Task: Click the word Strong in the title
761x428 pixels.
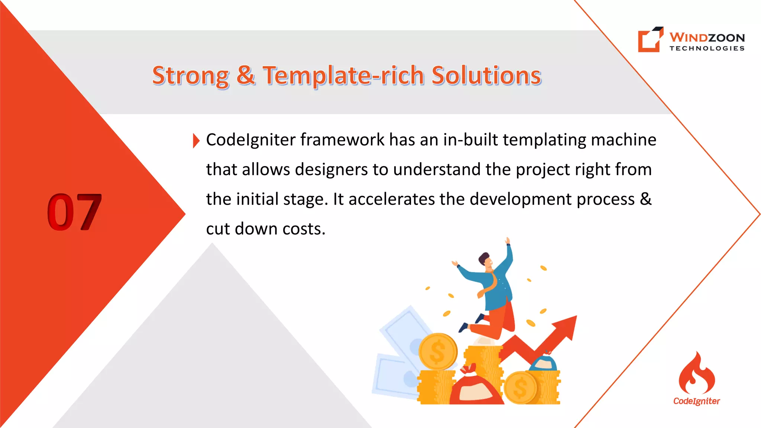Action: (190, 76)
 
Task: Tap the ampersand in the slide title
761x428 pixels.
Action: (246, 75)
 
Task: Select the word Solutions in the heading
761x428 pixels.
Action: (486, 76)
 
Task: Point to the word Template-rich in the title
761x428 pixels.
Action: (343, 76)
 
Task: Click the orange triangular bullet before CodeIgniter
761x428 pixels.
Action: (196, 140)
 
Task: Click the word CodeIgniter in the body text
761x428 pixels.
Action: (250, 140)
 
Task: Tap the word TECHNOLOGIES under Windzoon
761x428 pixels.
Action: (707, 48)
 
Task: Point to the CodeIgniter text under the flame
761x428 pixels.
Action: (696, 401)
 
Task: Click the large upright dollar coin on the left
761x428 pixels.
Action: (438, 351)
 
